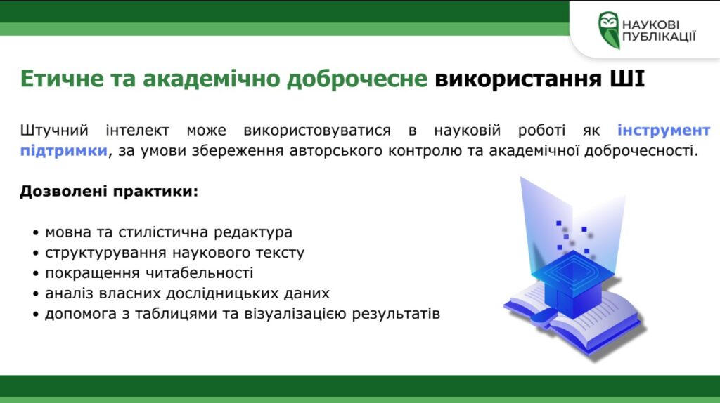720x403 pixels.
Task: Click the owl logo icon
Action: [609, 29]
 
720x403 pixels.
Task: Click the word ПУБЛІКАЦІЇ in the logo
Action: [659, 37]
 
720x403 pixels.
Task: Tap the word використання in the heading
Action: [518, 79]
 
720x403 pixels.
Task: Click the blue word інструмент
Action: [664, 131]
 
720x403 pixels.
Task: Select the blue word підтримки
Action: [63, 151]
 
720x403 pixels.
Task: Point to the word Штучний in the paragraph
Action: [54, 131]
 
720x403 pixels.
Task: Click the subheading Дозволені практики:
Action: [109, 191]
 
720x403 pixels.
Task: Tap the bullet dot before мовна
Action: [35, 233]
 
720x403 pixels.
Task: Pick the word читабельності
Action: [199, 273]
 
